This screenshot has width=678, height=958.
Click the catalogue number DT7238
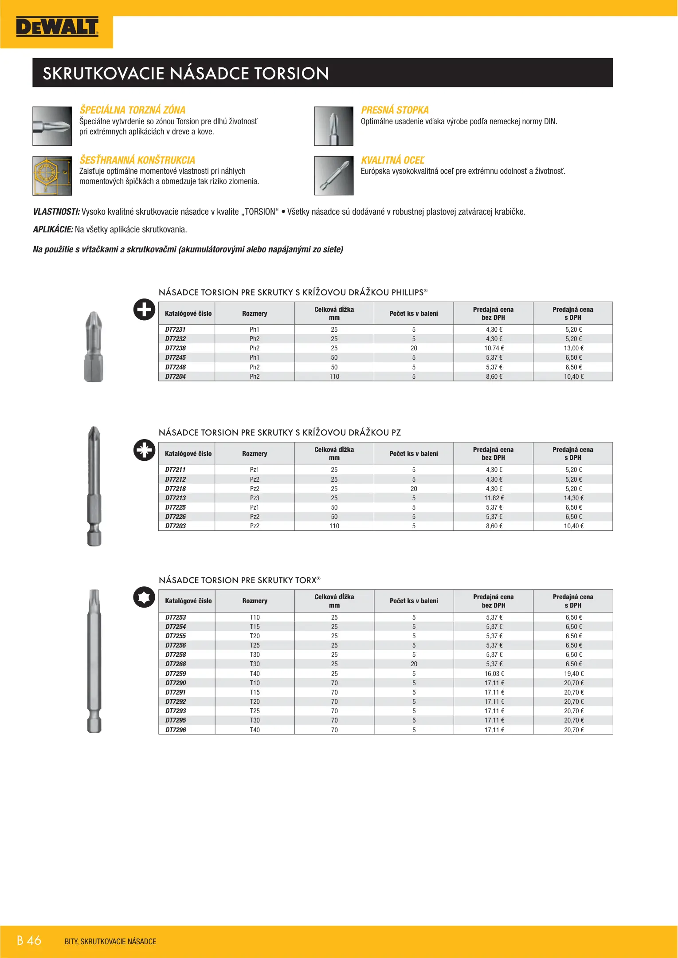point(176,348)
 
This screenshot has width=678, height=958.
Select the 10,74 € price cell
point(494,348)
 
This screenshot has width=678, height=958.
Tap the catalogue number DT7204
point(176,377)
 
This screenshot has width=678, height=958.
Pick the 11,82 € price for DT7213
point(494,498)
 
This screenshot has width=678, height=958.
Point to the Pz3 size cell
point(255,498)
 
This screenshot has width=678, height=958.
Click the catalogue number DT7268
point(176,664)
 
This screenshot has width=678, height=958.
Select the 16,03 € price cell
point(494,674)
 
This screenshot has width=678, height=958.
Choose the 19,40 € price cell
point(573,674)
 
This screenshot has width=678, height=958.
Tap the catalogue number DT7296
point(176,730)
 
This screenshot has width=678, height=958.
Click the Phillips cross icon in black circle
point(144,310)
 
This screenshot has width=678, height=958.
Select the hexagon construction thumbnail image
point(52,176)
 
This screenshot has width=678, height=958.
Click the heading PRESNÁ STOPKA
point(395,110)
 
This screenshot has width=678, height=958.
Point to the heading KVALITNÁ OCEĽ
point(392,160)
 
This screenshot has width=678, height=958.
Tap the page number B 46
point(29,940)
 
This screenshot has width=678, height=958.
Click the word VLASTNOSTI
point(56,212)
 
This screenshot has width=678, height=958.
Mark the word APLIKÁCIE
point(53,229)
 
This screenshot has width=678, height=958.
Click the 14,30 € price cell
point(573,498)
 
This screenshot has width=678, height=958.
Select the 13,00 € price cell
point(573,348)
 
